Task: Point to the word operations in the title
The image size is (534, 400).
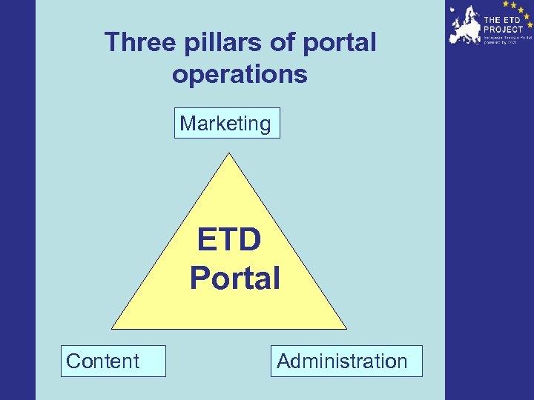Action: click(x=240, y=74)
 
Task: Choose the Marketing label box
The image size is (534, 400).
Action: click(x=227, y=123)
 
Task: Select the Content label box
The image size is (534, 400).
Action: click(x=113, y=361)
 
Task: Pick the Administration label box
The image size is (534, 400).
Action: click(x=346, y=361)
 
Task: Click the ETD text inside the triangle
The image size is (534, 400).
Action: click(x=229, y=241)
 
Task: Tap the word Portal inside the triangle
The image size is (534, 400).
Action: click(x=235, y=279)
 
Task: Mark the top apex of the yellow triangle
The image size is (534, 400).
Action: click(x=229, y=154)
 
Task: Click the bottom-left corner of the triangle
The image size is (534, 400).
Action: click(x=113, y=327)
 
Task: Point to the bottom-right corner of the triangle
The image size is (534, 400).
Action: click(x=345, y=327)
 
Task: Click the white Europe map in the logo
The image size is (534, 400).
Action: click(x=466, y=26)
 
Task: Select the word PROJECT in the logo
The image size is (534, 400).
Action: click(x=504, y=29)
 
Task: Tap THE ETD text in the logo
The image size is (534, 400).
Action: click(x=502, y=20)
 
